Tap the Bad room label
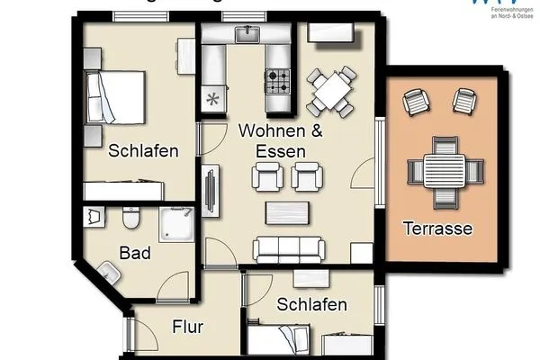click(x=135, y=253)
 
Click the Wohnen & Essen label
click(x=268, y=141)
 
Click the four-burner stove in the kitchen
click(x=278, y=82)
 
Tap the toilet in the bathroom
click(x=130, y=219)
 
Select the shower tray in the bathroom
click(x=177, y=223)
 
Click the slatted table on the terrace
click(x=439, y=169)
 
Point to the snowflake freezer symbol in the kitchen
click(x=214, y=100)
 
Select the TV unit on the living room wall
click(x=211, y=190)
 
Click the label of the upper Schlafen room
click(x=142, y=150)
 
